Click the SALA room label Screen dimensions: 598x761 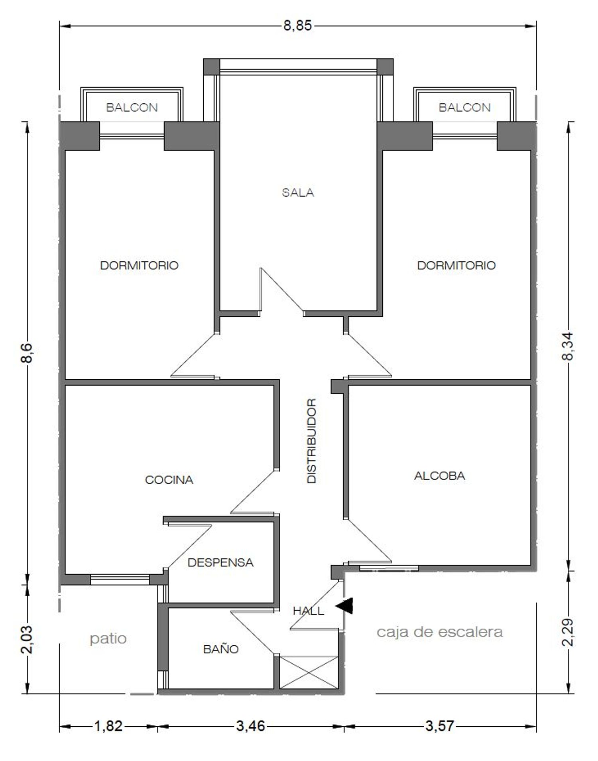298,193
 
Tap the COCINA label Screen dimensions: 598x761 169,480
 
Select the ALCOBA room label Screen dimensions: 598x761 439,476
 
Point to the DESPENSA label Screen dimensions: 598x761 220,562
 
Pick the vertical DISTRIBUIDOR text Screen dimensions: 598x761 311,441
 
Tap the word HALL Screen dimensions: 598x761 308,611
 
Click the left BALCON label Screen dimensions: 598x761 132,107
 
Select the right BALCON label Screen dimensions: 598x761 464,107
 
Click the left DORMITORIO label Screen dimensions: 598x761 139,265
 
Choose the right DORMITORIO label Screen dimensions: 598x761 456,265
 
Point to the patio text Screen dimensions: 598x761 108,639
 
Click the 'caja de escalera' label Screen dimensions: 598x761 440,632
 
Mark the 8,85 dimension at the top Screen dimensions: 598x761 297,26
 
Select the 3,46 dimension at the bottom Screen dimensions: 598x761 250,726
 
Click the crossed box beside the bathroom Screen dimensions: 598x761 309,672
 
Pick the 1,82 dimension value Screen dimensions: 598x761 108,726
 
